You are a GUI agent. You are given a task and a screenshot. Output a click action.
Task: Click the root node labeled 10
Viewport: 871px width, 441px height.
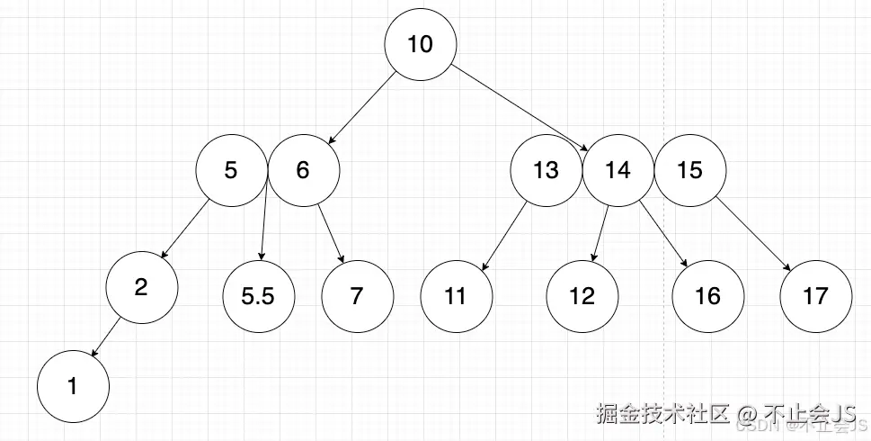421,44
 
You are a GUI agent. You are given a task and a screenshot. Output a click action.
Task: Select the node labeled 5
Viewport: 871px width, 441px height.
232,170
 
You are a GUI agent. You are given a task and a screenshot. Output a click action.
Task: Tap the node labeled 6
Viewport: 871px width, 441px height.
303,170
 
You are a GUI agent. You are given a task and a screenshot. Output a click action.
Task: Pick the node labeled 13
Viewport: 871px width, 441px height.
546,170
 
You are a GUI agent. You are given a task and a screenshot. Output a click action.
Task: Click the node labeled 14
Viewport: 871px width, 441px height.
618,170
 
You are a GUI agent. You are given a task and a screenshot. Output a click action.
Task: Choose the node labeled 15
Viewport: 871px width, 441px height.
689,170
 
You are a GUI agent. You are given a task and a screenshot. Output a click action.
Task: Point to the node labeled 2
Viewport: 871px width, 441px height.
141,287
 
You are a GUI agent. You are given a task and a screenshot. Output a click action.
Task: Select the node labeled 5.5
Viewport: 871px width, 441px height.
258,296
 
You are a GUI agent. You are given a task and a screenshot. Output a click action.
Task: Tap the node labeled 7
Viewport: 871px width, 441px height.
357,296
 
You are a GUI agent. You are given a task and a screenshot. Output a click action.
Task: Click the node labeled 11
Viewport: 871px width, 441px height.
456,296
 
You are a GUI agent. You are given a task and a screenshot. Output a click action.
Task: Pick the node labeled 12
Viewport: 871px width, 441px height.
582,296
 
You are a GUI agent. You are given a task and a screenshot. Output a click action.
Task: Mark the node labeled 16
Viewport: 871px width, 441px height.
708,296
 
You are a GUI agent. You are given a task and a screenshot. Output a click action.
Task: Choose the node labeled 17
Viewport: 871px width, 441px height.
815,296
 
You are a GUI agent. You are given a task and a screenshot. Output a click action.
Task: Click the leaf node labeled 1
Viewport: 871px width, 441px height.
73,387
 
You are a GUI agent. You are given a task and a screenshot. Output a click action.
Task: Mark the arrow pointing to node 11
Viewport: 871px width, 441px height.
504,235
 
